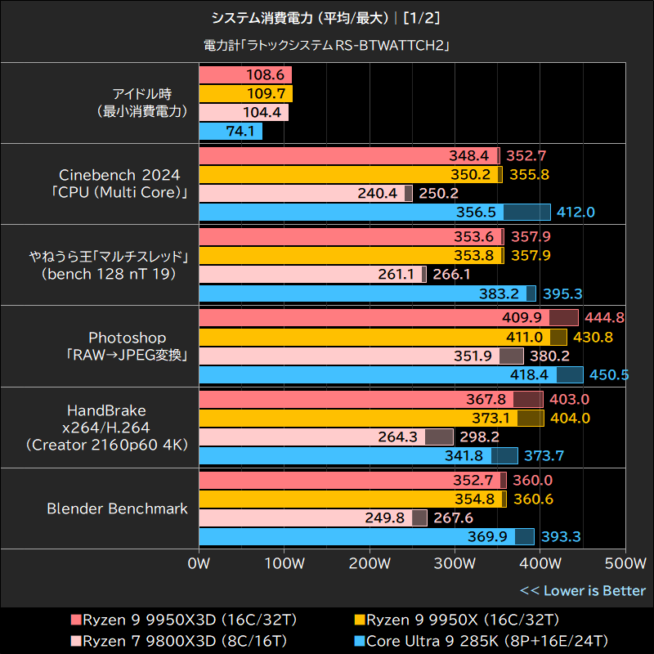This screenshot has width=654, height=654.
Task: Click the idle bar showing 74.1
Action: point(231,131)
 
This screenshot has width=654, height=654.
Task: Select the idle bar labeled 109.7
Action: point(245,94)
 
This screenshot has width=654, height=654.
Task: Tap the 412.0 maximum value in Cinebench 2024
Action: point(576,213)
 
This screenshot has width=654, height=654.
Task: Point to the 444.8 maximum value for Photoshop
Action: point(605,317)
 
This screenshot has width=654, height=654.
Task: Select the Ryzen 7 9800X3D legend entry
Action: point(147,639)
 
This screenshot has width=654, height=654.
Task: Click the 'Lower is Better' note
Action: point(583,590)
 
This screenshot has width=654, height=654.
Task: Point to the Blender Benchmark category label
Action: point(117,508)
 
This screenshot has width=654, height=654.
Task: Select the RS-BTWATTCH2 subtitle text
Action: point(327,46)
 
